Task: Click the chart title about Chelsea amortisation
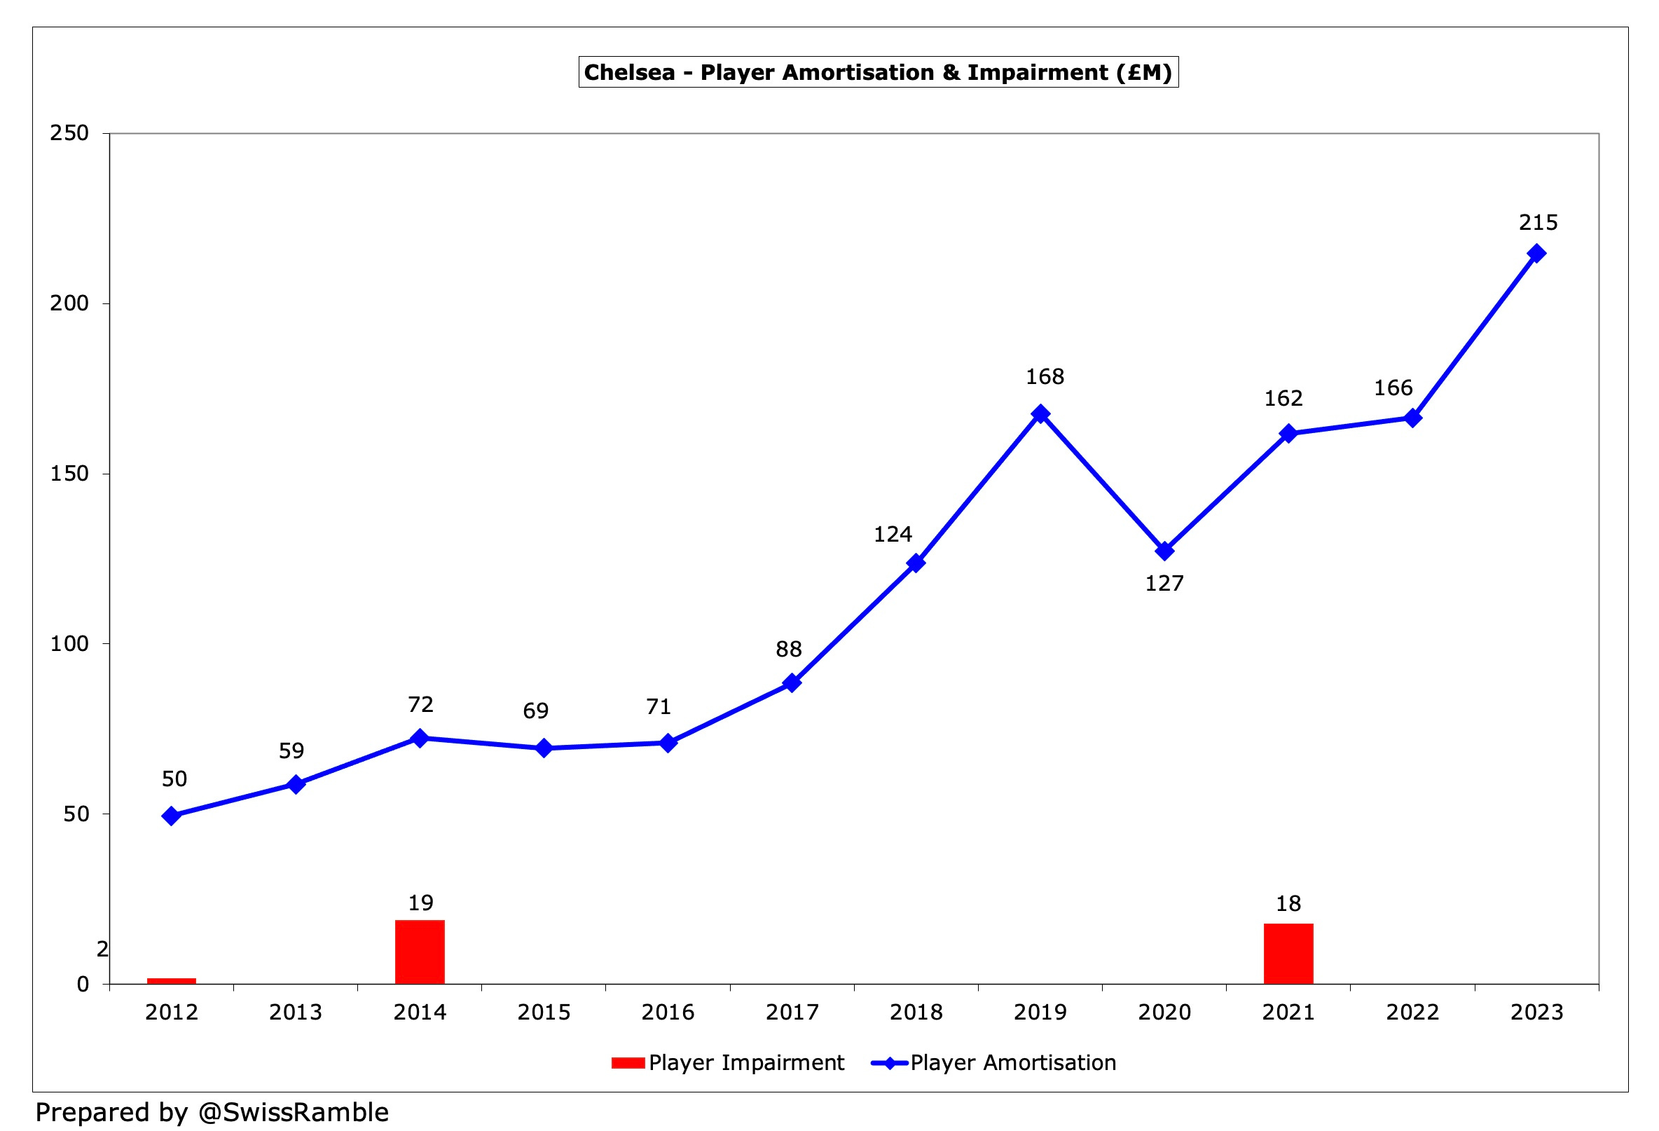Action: click(877, 72)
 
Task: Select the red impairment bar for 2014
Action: click(420, 951)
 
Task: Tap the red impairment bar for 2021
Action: click(1288, 953)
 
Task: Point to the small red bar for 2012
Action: click(172, 980)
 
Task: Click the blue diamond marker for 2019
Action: click(1040, 413)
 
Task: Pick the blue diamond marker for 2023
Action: click(1536, 254)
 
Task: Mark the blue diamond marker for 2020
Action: click(1164, 551)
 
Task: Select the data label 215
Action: click(1538, 223)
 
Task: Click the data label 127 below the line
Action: click(1164, 583)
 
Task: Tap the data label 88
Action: click(789, 649)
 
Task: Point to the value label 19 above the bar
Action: click(420, 903)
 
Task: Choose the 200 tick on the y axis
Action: click(69, 303)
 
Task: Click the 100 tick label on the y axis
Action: click(69, 643)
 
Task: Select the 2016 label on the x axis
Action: click(668, 1012)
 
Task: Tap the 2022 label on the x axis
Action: click(1412, 1012)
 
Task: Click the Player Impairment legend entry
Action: click(729, 1062)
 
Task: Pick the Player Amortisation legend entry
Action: click(993, 1062)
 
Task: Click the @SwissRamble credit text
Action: click(294, 1111)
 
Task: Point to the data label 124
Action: click(893, 534)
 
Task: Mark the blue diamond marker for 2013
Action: click(296, 784)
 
